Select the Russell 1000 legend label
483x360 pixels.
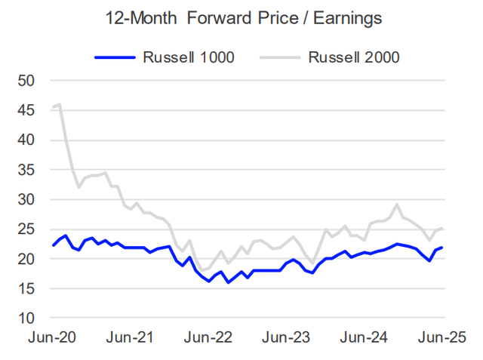point(186,56)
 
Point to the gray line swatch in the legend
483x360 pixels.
point(282,56)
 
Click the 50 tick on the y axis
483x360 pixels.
point(26,81)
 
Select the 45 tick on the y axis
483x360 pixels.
point(26,110)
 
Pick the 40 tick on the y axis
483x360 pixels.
point(26,140)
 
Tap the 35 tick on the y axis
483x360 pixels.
point(26,170)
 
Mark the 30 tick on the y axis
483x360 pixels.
point(26,199)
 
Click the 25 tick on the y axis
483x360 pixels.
point(26,229)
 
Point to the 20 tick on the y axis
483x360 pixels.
point(26,259)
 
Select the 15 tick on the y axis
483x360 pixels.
point(26,288)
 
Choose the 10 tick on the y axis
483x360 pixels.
point(26,318)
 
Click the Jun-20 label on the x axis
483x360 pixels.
point(52,337)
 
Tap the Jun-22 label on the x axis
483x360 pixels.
point(208,337)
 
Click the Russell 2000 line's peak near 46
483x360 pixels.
point(60,105)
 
